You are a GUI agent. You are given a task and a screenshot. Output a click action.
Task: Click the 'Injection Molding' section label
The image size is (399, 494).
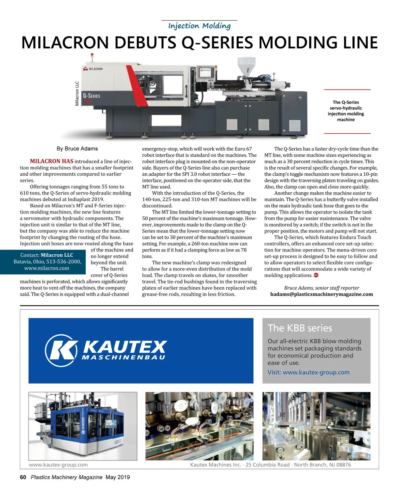(199, 26)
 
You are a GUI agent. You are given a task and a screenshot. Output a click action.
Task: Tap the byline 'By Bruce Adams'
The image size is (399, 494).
(77, 149)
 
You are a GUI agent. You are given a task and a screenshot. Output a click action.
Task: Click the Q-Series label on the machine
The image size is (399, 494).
(91, 96)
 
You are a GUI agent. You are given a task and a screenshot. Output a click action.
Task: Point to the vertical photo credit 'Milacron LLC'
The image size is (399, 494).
(77, 94)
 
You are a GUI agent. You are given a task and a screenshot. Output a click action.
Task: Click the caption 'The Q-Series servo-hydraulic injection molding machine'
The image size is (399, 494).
(346, 111)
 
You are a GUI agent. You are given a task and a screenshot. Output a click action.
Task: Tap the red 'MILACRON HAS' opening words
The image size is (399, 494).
(52, 161)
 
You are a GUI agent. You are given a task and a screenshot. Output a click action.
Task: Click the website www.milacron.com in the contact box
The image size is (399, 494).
(47, 268)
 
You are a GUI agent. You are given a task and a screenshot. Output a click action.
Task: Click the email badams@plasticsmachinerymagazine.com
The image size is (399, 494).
(322, 294)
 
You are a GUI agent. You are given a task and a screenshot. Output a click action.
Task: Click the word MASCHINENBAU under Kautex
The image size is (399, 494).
(123, 358)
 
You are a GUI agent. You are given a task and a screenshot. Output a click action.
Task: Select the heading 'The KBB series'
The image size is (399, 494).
(300, 328)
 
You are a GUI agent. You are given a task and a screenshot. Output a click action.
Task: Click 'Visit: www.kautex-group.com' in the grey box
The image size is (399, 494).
(308, 372)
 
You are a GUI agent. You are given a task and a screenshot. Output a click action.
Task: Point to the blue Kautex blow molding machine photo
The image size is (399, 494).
(83, 426)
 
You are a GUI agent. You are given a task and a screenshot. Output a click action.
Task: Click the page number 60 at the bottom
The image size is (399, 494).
(23, 477)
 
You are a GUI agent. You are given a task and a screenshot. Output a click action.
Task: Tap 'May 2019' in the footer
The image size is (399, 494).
(118, 477)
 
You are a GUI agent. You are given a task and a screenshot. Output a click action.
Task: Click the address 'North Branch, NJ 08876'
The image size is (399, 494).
(322, 465)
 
